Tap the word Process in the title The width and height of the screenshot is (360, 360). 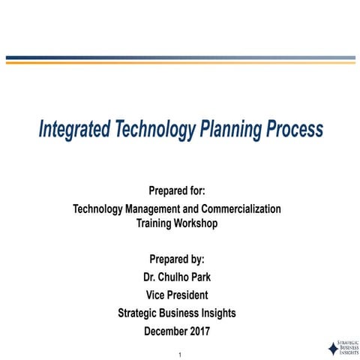click(294, 130)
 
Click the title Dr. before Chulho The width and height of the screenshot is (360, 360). click(150, 277)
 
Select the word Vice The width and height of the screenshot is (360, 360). click(157, 294)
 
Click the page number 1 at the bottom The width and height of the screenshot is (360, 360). click(180, 353)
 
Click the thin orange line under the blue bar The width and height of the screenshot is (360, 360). click(180, 63)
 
